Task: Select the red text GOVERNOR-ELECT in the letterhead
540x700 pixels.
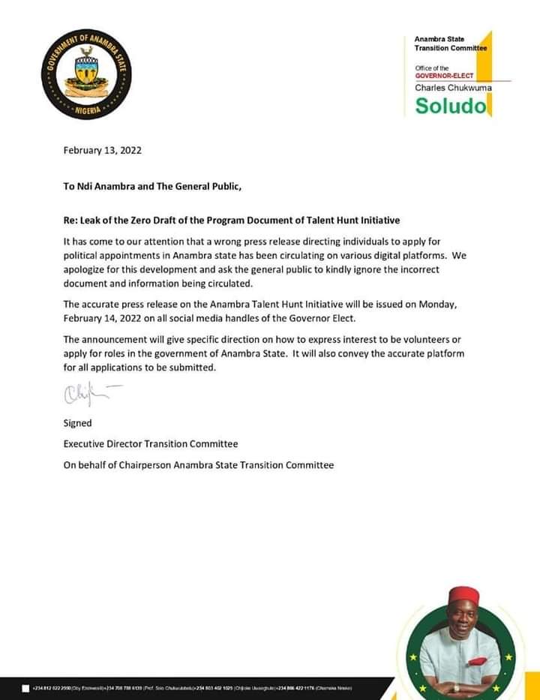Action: (x=445, y=76)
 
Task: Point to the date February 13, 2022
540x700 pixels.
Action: (x=103, y=149)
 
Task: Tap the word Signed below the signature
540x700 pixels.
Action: (x=77, y=423)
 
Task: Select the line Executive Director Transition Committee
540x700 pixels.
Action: (x=150, y=444)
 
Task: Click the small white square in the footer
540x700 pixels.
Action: (x=26, y=688)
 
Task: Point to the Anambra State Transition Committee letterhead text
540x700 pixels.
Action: (x=450, y=44)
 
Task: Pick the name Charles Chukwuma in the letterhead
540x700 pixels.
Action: (x=453, y=87)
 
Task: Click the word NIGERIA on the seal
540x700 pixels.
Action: (x=86, y=110)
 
